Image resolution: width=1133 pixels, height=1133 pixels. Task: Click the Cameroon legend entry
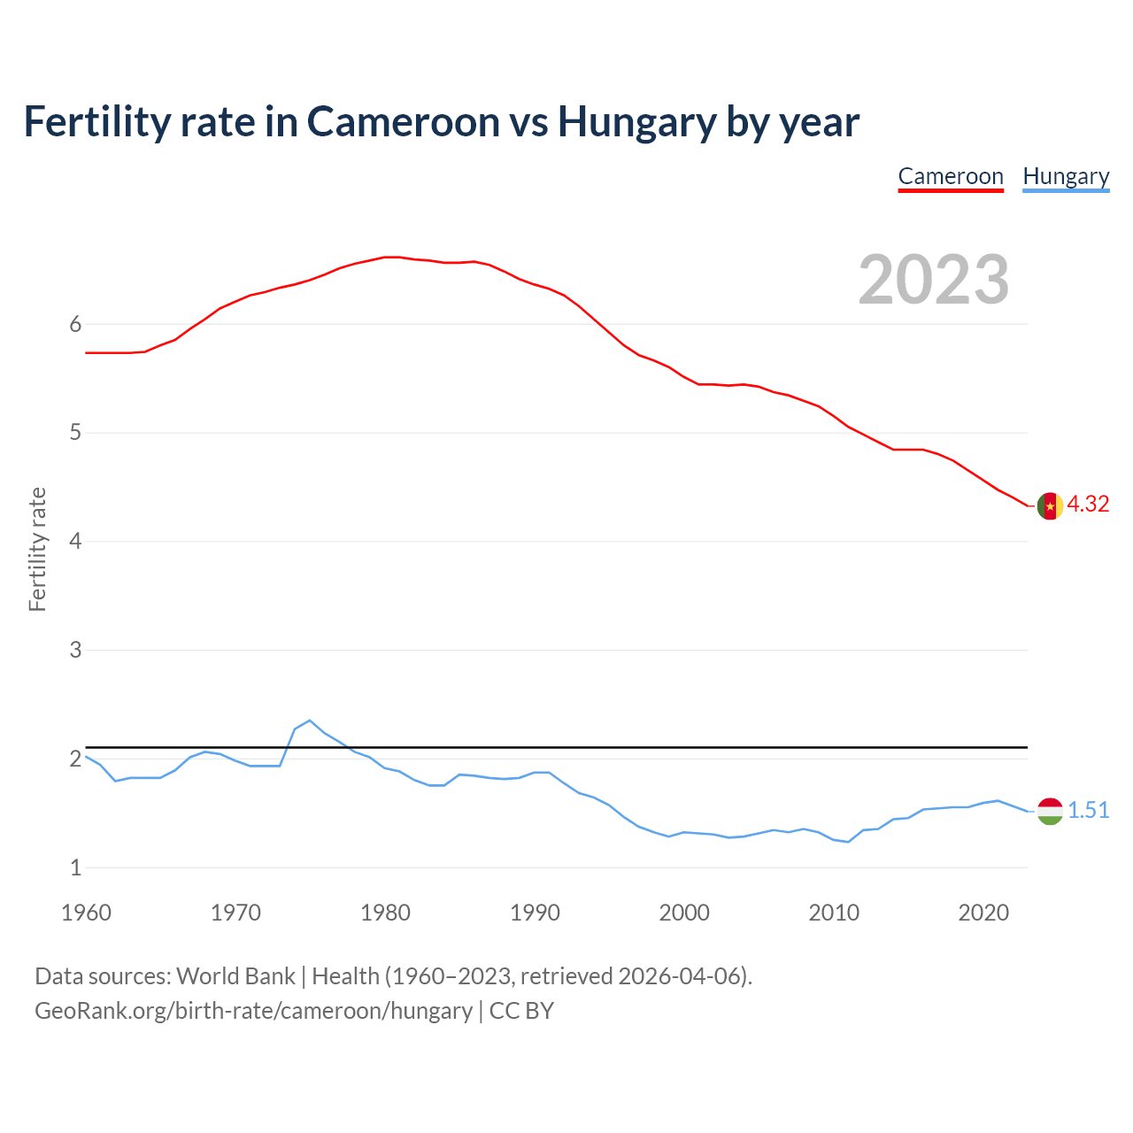coord(951,176)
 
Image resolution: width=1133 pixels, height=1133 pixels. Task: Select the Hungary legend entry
coord(1066,176)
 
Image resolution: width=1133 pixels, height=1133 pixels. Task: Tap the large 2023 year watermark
coord(934,280)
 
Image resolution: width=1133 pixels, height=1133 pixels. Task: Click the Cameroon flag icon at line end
coord(1050,505)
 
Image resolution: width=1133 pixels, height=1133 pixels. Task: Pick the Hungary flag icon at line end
coord(1050,811)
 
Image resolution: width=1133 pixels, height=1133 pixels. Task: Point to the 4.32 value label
coord(1088,504)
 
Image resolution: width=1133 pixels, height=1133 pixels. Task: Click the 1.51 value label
coord(1088,810)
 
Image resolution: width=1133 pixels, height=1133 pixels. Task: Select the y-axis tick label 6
coord(75,324)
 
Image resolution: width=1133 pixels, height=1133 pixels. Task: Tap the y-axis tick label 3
coord(75,650)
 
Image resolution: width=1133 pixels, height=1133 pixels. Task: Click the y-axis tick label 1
coord(75,867)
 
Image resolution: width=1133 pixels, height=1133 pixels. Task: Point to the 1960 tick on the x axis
coord(86,913)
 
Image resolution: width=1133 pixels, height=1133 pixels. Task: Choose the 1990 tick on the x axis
coord(535,913)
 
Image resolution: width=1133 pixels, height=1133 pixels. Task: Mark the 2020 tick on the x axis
coord(983,913)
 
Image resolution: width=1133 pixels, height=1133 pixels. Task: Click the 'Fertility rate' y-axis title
coord(37,549)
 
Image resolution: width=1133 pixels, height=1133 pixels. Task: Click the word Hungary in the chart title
coord(636,121)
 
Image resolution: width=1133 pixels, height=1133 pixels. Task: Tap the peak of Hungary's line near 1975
coord(310,721)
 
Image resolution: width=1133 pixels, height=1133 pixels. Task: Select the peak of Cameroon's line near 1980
coord(392,257)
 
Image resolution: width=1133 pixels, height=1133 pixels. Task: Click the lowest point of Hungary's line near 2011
coord(848,842)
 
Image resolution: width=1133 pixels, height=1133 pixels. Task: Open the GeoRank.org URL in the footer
coord(253,1011)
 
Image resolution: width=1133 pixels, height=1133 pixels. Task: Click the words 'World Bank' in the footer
coord(235,976)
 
